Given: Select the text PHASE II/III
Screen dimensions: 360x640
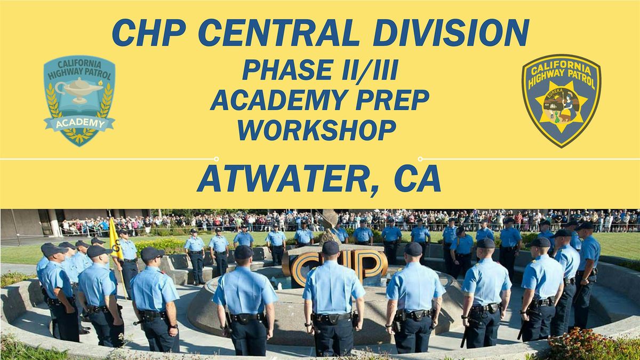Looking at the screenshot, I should coord(320,70).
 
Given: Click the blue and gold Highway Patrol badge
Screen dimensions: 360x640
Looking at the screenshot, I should coord(561,100).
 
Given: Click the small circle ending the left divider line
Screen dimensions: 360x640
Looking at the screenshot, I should coord(216,158).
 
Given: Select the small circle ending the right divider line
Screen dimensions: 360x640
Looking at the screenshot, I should coord(420,158).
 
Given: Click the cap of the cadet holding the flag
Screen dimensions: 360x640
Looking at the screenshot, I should coord(124,233).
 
